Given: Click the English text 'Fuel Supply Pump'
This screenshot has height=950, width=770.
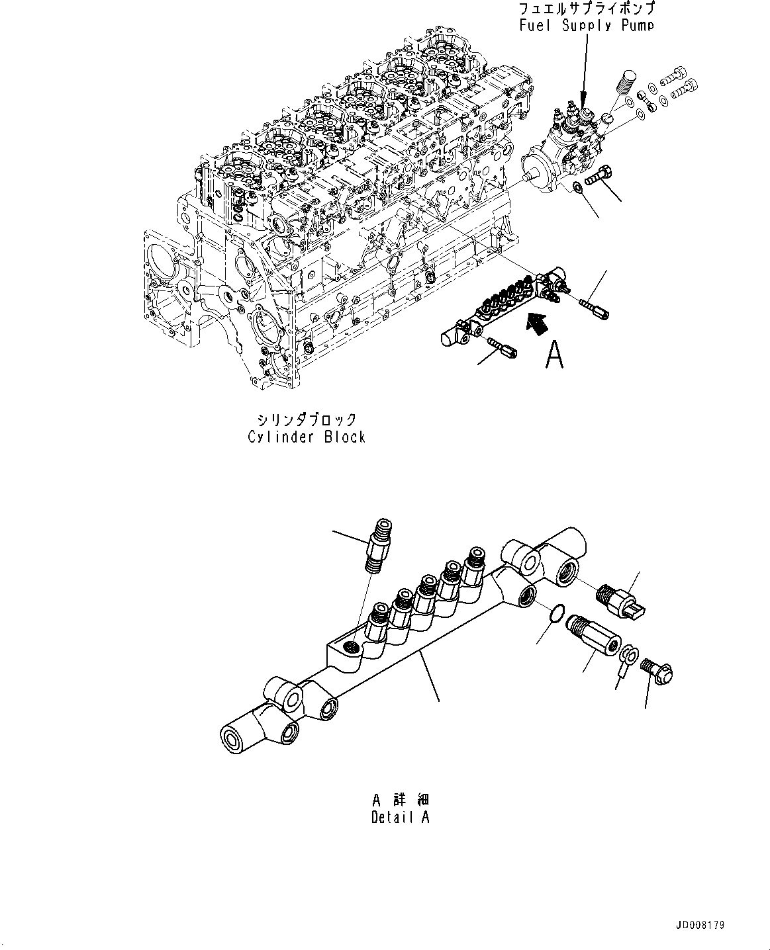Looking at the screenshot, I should [587, 25].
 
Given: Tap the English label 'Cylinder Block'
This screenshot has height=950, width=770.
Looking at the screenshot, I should [307, 437].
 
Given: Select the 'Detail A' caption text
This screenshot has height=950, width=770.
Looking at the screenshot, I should [400, 817].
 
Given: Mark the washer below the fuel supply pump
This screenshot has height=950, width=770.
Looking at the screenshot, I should [579, 189].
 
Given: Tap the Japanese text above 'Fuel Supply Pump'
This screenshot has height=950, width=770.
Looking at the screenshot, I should [587, 9].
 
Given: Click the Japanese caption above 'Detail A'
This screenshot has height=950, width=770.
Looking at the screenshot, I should [400, 800].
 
